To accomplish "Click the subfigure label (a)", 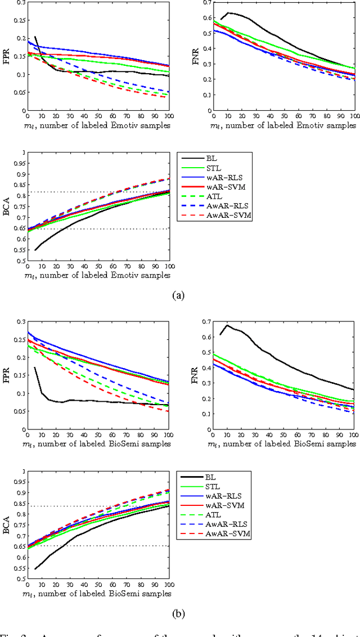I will point(179,294).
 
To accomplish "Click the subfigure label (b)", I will point(179,613).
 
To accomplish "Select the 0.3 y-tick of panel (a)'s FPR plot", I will point(20,3).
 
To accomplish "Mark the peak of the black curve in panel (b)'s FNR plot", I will point(227,325).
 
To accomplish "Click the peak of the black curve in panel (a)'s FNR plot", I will point(228,12).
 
